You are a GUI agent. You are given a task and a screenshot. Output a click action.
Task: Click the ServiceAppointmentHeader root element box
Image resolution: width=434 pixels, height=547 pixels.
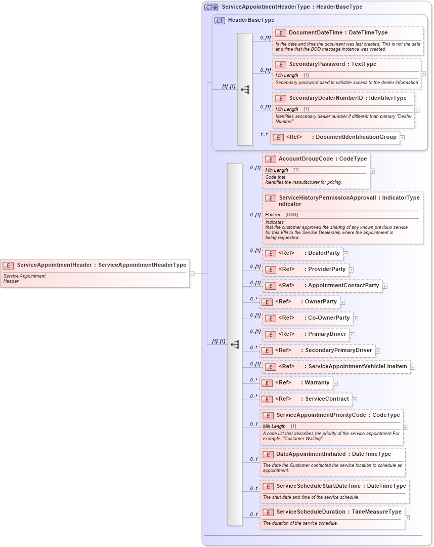point(95,273)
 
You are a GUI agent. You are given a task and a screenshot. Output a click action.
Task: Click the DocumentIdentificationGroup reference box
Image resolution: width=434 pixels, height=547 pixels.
point(335,137)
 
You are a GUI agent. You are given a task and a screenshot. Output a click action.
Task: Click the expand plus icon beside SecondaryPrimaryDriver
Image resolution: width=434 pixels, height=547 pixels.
point(378,351)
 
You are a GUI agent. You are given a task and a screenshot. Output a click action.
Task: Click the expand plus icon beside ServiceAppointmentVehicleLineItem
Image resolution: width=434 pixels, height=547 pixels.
point(413,367)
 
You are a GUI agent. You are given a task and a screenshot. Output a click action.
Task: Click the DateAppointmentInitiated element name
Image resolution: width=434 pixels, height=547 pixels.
point(333,454)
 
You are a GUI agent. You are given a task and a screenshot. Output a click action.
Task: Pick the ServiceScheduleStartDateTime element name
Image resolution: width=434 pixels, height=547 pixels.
point(341,486)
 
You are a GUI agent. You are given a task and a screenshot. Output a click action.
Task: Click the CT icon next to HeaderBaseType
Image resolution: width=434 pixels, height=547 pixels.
point(220,20)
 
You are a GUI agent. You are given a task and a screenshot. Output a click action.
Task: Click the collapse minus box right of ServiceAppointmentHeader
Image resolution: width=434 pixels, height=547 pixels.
point(192,273)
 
